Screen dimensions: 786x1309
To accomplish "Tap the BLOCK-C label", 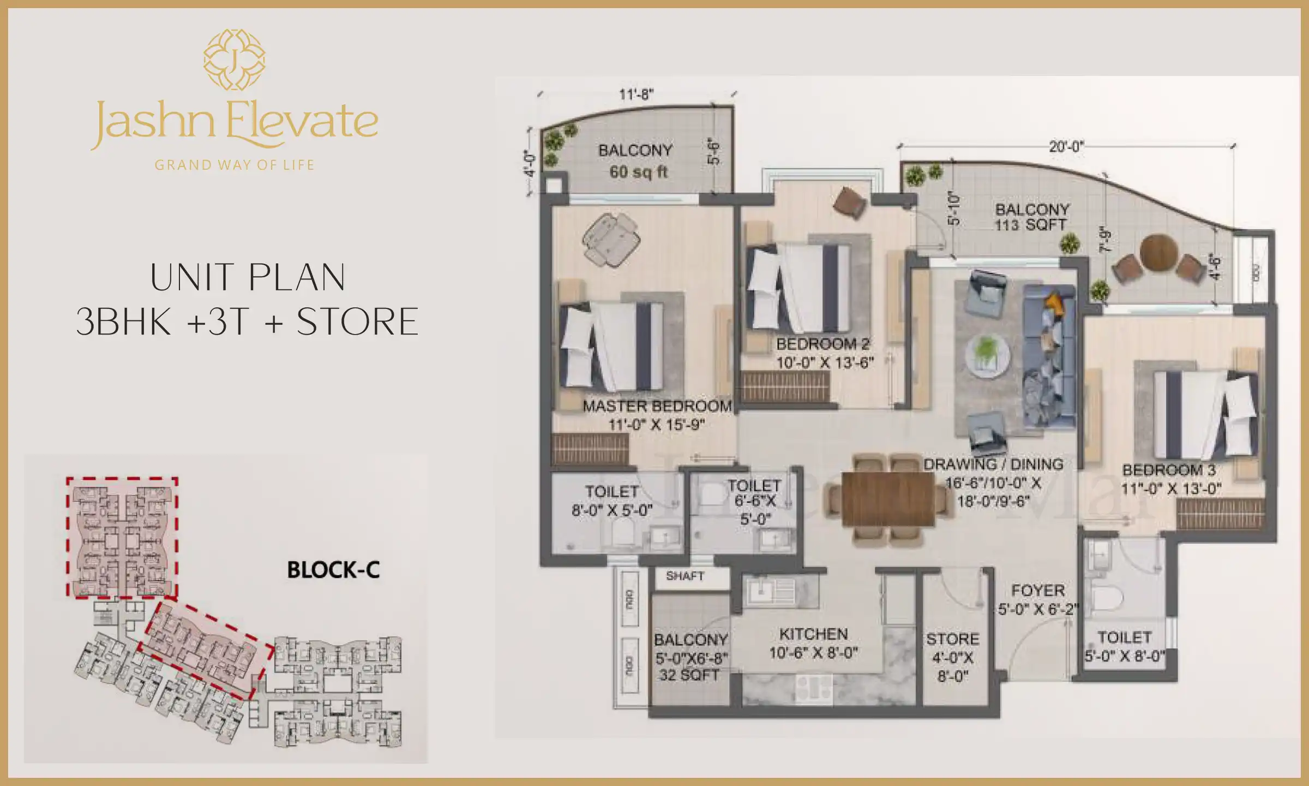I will (333, 570).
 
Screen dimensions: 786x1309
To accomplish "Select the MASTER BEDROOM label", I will (657, 407).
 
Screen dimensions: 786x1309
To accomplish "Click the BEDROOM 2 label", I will (822, 344).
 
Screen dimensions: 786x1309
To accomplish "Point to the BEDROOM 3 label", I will (1169, 470).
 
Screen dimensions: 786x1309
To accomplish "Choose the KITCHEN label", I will (813, 634).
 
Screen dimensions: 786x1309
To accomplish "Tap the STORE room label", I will (952, 639).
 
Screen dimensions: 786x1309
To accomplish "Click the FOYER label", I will (1038, 591).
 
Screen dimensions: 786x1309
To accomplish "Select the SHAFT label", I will (684, 576).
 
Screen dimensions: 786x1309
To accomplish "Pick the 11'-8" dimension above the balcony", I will (636, 94).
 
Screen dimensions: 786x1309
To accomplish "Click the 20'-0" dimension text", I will (1066, 146).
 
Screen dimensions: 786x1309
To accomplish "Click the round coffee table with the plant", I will (987, 354).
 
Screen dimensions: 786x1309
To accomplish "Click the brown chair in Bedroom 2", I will (849, 204).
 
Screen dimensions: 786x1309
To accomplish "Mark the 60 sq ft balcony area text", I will (638, 172).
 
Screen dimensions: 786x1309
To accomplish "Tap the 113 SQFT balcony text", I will (1030, 224).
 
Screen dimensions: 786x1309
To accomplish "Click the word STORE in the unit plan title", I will (357, 322).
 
